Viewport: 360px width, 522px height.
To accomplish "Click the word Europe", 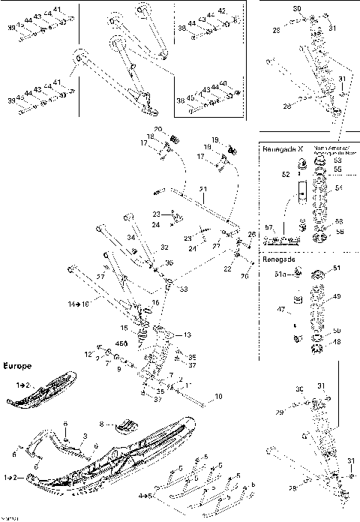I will point(16,367).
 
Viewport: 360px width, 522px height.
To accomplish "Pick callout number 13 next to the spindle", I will point(187,334).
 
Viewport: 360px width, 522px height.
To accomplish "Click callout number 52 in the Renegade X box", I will point(284,174).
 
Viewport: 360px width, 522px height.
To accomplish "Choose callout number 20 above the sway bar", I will point(158,130).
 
